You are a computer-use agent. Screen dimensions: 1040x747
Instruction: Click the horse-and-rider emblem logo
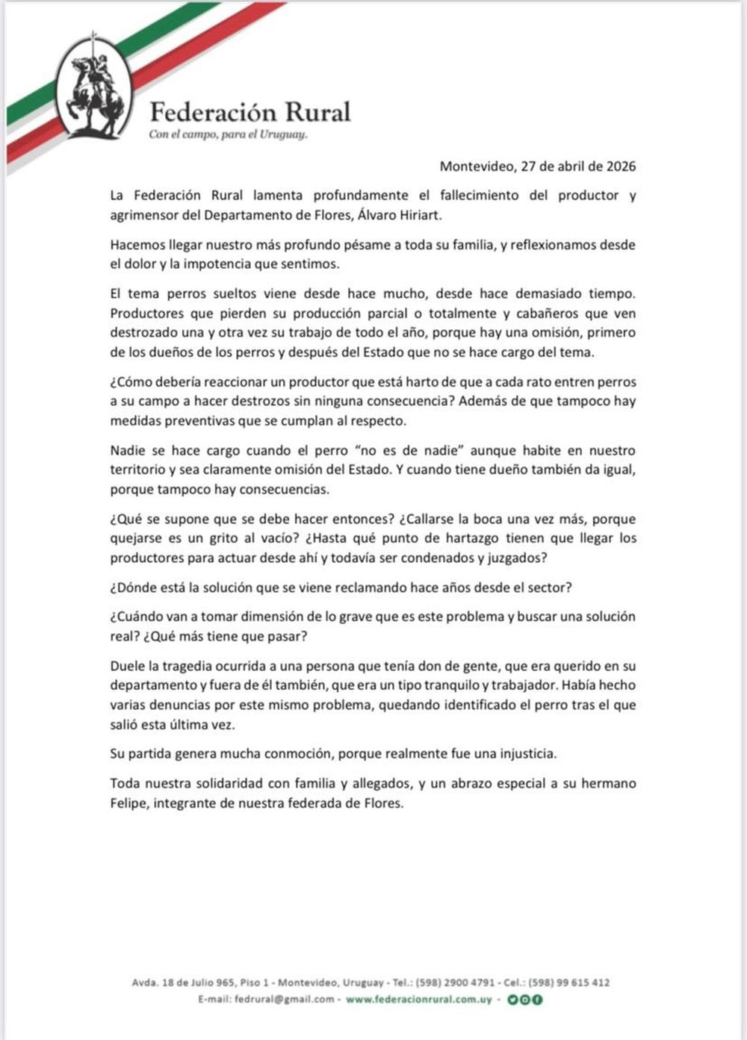pos(93,90)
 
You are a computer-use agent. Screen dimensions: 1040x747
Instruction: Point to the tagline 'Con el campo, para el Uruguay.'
pos(228,135)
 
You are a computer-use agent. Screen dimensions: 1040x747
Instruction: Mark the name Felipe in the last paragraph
pos(128,803)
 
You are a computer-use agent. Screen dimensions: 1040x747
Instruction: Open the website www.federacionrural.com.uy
pos(418,999)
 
